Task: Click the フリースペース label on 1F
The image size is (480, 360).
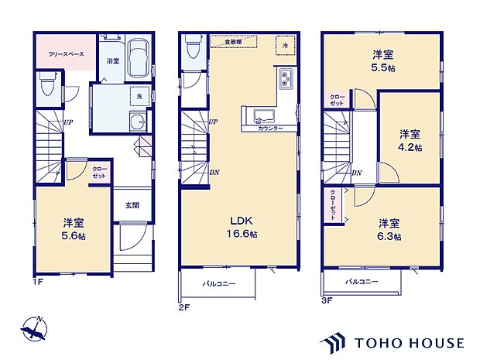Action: click(63, 54)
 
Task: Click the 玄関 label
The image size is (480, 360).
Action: click(132, 205)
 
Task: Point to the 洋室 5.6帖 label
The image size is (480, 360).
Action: click(74, 229)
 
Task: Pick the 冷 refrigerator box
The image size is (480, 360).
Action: click(284, 47)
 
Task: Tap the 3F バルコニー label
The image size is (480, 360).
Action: click(362, 282)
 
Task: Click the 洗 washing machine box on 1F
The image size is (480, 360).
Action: click(139, 95)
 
